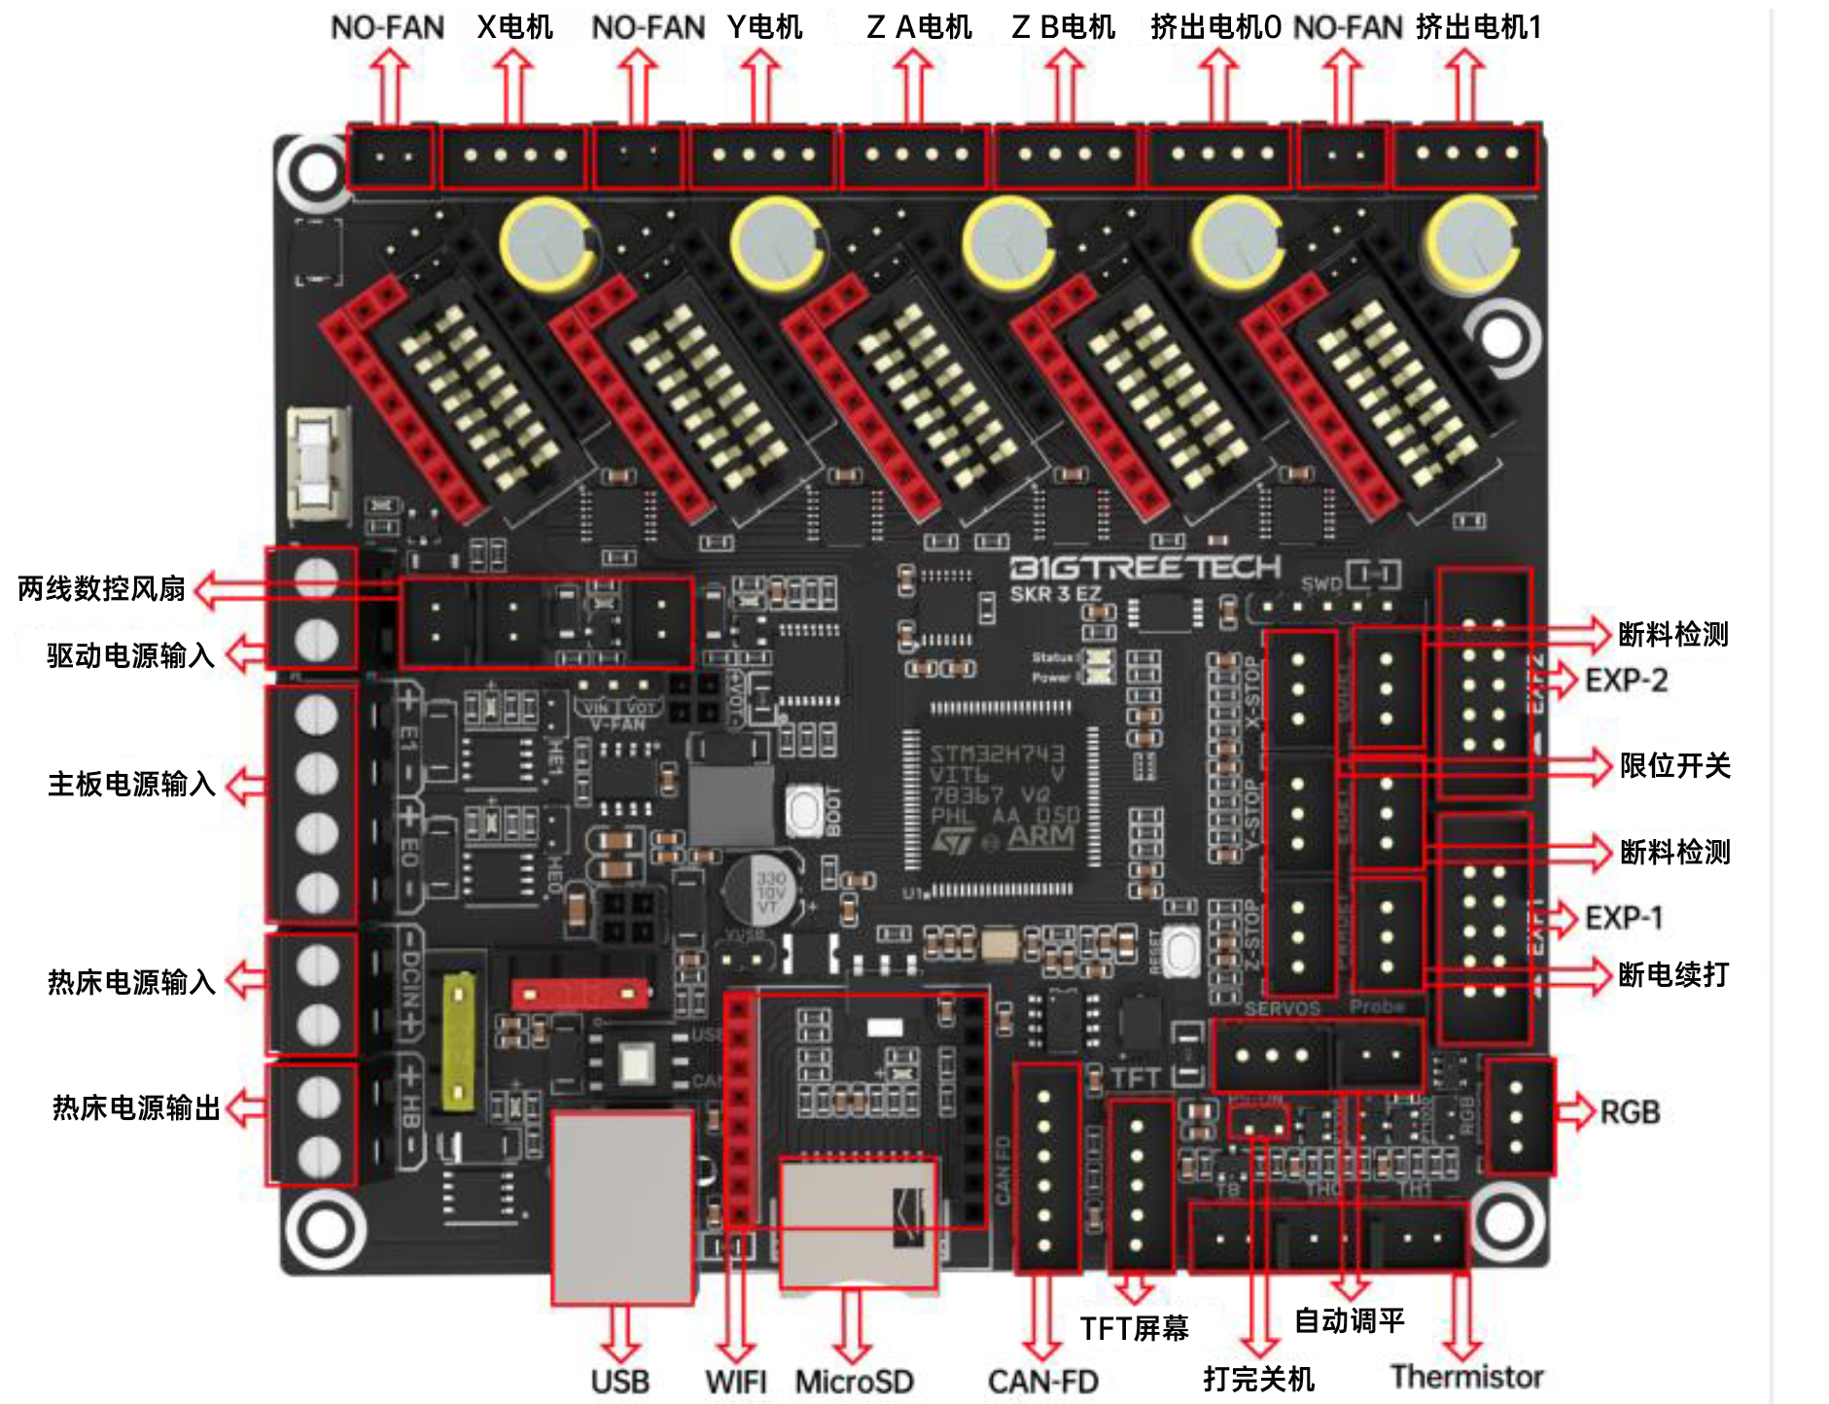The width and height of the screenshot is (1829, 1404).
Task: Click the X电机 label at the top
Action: point(514,27)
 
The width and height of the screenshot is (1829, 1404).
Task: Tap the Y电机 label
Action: point(764,27)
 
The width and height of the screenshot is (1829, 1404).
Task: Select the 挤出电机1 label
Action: point(1478,27)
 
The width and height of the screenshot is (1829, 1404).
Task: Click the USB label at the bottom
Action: point(619,1381)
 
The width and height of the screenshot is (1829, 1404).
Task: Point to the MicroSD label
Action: point(854,1381)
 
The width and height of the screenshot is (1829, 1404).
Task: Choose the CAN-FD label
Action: point(1042,1381)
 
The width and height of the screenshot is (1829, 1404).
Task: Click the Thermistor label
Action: point(1466,1377)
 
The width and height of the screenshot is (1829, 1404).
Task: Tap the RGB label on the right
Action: point(1630,1111)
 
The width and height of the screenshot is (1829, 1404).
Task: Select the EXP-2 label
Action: point(1626,680)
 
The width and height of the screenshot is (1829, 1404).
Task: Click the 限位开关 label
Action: point(1674,766)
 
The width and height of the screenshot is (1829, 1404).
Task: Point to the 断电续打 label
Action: point(1672,974)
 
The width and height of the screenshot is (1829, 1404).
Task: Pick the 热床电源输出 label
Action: point(136,1107)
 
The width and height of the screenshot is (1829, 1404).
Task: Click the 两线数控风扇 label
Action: point(101,588)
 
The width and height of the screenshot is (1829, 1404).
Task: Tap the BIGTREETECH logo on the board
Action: point(1144,568)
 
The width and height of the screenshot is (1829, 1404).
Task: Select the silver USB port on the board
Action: point(622,1206)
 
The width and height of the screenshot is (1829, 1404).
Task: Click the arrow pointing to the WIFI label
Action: point(737,1303)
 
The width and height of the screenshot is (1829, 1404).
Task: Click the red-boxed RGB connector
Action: point(1519,1116)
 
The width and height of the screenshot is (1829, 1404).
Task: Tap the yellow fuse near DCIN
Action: point(459,1040)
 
